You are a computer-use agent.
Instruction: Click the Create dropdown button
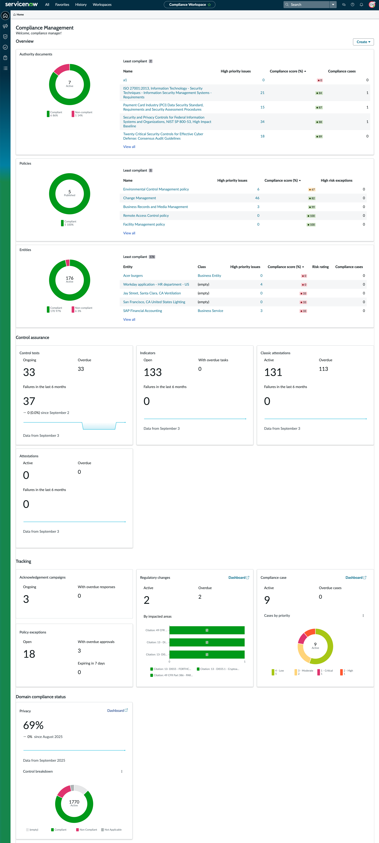point(363,42)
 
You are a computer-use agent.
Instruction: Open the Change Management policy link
point(139,198)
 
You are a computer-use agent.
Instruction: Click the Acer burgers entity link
point(133,276)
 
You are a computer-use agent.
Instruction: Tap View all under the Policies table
point(129,233)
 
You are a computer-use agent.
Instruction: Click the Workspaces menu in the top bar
point(102,5)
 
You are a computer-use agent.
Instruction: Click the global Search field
point(306,5)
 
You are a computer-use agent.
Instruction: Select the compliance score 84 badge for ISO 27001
point(319,93)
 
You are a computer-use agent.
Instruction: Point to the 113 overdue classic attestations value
point(323,369)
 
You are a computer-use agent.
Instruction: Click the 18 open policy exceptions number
point(29,654)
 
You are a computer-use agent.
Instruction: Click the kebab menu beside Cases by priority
point(363,616)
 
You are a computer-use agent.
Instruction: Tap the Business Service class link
point(210,311)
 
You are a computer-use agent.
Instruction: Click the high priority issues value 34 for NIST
point(262,122)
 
